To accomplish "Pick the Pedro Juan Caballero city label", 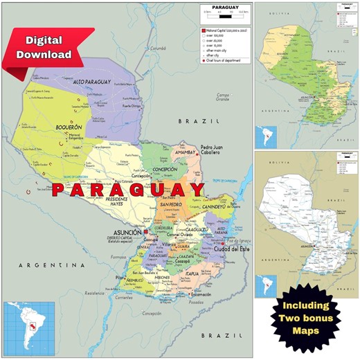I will click(217, 150).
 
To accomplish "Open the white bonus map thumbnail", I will click(307, 218).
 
